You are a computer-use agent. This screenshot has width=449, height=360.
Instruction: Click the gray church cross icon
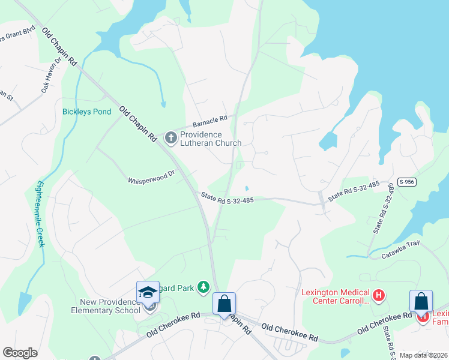(171, 139)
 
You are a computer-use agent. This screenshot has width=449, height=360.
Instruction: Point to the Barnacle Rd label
(209, 121)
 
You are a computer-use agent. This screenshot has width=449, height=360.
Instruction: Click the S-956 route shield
(405, 181)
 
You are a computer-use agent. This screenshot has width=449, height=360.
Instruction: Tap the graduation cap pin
(148, 292)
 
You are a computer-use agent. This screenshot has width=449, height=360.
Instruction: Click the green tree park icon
(203, 289)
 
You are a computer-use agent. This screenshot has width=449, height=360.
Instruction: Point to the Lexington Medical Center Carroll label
(335, 296)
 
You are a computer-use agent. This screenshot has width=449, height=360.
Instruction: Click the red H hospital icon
(379, 295)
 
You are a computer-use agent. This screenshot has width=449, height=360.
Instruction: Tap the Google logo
(20, 352)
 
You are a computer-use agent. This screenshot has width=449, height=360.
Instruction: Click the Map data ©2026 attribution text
(423, 355)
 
